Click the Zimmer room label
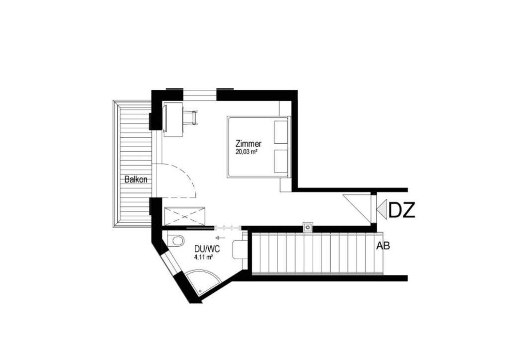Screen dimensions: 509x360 tap(249, 144)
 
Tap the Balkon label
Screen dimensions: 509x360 tap(136, 180)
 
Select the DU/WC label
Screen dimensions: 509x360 tap(207, 249)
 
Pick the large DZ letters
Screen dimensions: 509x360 tap(402, 211)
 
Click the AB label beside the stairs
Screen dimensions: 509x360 tap(383, 246)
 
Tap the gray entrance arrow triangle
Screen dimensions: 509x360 tap(381, 209)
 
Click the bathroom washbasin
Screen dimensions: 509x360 tap(238, 249)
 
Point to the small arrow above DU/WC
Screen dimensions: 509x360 tap(220, 238)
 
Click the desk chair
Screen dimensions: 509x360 tap(190, 118)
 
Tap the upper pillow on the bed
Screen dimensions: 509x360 tap(281, 132)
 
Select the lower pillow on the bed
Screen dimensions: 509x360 tap(281, 161)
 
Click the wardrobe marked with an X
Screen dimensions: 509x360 tap(185, 216)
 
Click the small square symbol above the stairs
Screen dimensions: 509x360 tap(307, 227)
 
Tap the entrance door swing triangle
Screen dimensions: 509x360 tap(357, 208)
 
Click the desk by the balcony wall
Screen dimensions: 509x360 tap(173, 119)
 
